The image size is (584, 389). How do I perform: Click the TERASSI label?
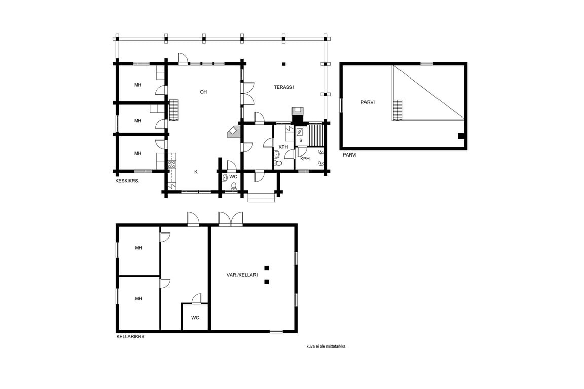click(x=284, y=87)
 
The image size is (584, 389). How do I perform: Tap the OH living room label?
click(x=203, y=92)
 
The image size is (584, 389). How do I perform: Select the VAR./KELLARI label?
click(x=242, y=275)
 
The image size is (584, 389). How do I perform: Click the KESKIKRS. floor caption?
click(x=127, y=181)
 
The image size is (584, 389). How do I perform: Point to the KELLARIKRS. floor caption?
click(x=131, y=337)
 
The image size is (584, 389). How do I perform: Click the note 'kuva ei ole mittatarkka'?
click(x=326, y=346)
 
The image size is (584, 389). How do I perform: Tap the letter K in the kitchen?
click(x=196, y=172)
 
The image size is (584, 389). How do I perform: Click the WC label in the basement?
click(x=195, y=318)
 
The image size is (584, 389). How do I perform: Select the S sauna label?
click(x=301, y=141)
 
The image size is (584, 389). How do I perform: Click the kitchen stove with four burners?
click(x=172, y=164)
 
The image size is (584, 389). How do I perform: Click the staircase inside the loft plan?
click(x=398, y=110)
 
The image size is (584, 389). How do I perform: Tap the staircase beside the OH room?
click(x=174, y=110)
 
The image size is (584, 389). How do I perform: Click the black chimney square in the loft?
click(x=461, y=136)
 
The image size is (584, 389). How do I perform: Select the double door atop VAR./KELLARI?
click(x=231, y=219)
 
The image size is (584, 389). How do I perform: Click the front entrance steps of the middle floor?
click(x=261, y=198)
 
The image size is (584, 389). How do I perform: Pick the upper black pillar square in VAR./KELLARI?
click(x=267, y=268)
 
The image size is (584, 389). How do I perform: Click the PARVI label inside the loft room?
click(x=368, y=102)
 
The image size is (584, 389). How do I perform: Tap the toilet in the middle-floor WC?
click(x=234, y=186)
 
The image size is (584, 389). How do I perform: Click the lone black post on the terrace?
click(x=284, y=64)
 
